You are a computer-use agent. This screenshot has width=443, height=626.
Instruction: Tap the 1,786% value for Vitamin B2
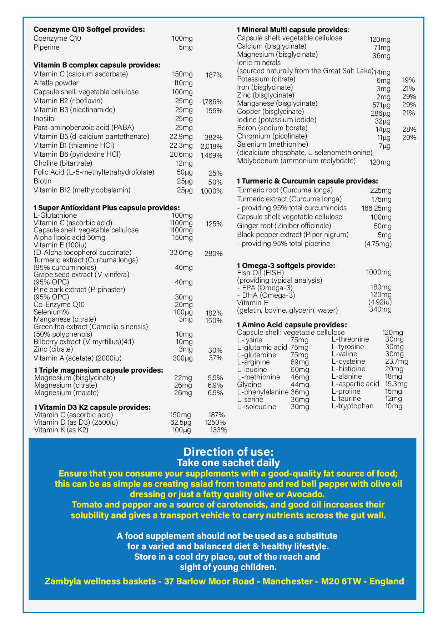tap(212, 102)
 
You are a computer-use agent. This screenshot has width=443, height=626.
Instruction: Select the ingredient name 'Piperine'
tap(46, 47)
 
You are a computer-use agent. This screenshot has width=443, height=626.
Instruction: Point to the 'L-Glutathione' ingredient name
tap(55, 215)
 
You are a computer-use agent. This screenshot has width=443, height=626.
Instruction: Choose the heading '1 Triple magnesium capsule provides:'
tap(99, 370)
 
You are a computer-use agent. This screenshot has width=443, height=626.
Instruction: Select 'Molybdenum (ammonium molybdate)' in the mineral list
tap(296, 161)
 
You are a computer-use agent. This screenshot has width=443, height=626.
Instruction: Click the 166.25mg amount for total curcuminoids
tap(377, 208)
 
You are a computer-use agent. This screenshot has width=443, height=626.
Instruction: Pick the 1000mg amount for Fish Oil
tap(379, 272)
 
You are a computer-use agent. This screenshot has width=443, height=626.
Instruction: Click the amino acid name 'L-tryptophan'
tap(353, 406)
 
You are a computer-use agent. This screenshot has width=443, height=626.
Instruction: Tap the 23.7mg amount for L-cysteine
tap(397, 362)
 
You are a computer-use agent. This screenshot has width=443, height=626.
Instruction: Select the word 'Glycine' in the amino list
tap(249, 384)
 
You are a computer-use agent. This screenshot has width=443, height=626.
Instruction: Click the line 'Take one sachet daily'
tap(228, 463)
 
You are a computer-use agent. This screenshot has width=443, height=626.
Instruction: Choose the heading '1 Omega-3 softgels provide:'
tap(286, 266)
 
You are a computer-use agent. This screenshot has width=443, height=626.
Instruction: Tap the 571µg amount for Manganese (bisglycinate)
tap(381, 105)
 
